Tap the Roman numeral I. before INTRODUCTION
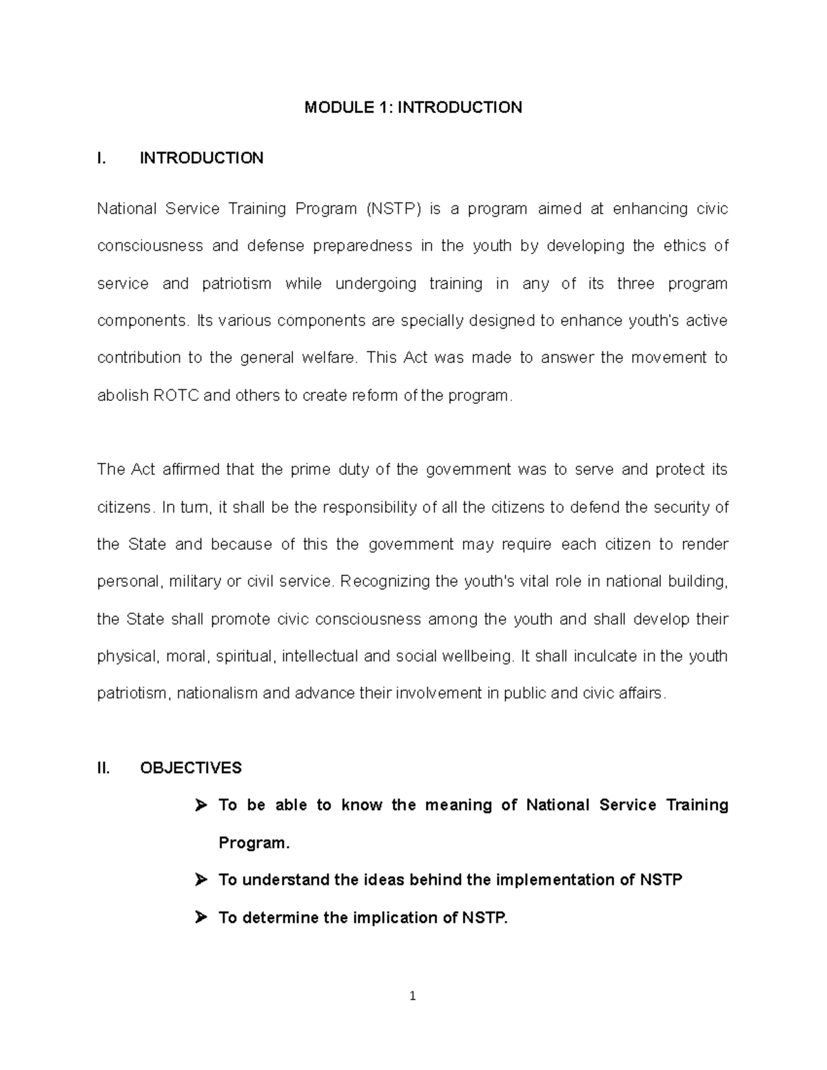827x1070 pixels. (x=102, y=158)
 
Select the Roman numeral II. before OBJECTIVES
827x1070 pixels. (x=103, y=768)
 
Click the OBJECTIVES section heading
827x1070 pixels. (x=191, y=768)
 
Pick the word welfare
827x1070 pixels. (x=330, y=358)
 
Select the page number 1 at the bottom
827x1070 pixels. (x=413, y=996)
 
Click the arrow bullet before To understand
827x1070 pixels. (x=201, y=880)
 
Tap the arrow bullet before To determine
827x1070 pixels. (x=201, y=918)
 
